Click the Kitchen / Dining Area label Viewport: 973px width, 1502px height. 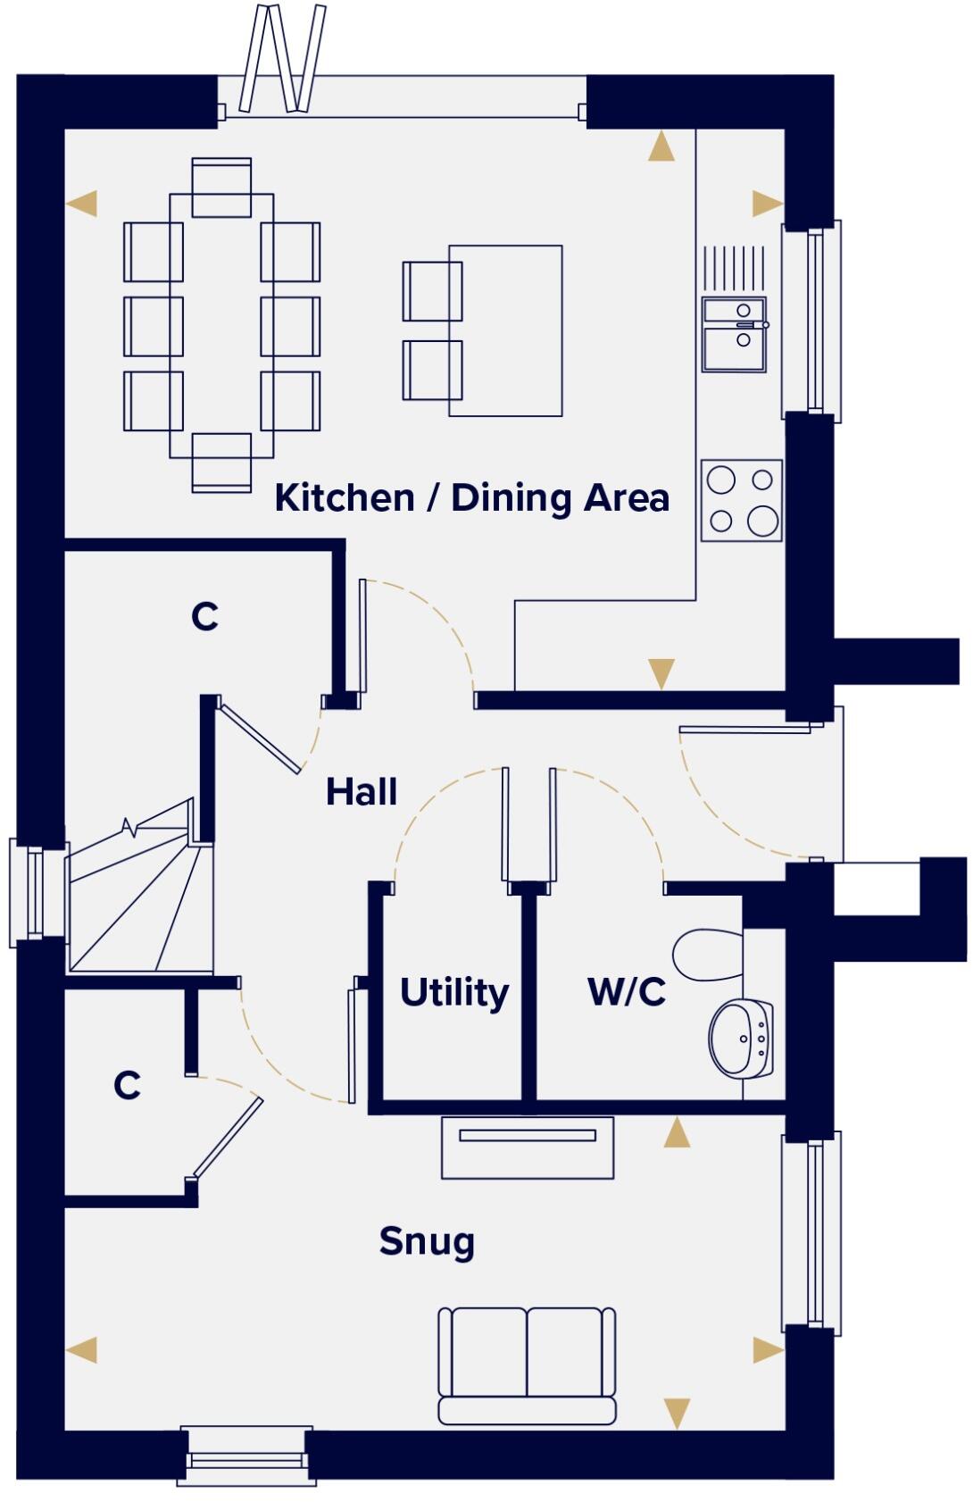click(x=471, y=497)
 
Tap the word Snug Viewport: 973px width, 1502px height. click(x=427, y=1241)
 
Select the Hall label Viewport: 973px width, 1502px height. click(x=361, y=792)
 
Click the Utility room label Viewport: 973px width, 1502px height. click(x=453, y=992)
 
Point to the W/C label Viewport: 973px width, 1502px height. click(x=627, y=991)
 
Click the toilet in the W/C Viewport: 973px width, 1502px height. click(x=708, y=955)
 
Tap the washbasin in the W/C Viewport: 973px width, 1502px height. click(x=740, y=1038)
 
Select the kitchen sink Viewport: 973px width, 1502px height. click(x=734, y=335)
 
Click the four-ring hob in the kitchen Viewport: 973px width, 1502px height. click(x=741, y=500)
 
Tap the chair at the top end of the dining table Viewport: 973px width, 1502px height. click(x=221, y=187)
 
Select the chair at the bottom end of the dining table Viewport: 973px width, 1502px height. click(x=221, y=462)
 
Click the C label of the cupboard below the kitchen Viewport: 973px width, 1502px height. click(x=204, y=616)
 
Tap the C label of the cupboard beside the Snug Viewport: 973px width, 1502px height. click(x=127, y=1085)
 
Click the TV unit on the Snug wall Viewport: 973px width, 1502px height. click(x=528, y=1147)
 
